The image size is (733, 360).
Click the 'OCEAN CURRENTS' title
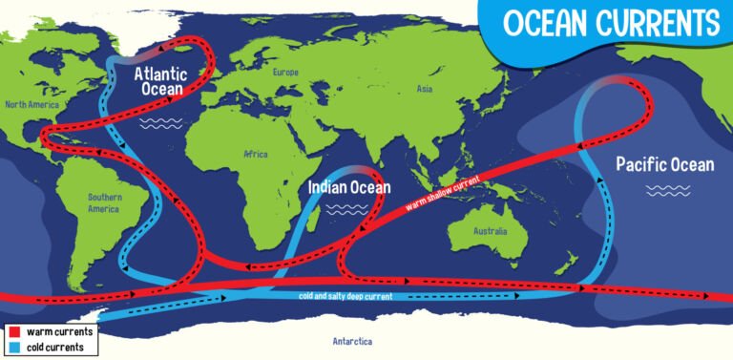pyautogui.click(x=611, y=23)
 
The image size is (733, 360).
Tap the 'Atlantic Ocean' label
pyautogui.click(x=161, y=81)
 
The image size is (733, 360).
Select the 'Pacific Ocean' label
pyautogui.click(x=664, y=164)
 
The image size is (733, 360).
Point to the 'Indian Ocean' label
pyautogui.click(x=348, y=188)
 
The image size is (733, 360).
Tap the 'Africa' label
pyautogui.click(x=256, y=154)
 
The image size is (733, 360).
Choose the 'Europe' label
pyautogui.click(x=285, y=73)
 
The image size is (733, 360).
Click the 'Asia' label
pyautogui.click(x=426, y=90)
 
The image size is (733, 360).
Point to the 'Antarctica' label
pyautogui.click(x=352, y=341)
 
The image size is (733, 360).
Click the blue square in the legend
pyautogui.click(x=13, y=347)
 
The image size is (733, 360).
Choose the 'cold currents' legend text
pyautogui.click(x=57, y=347)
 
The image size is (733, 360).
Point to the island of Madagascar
pyautogui.click(x=329, y=220)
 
